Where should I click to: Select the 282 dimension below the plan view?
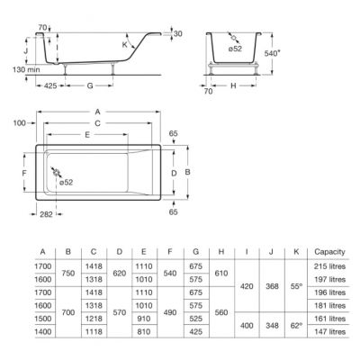click(x=46, y=216)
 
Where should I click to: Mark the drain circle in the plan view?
click(x=58, y=174)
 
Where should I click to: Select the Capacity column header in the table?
click(x=323, y=251)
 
